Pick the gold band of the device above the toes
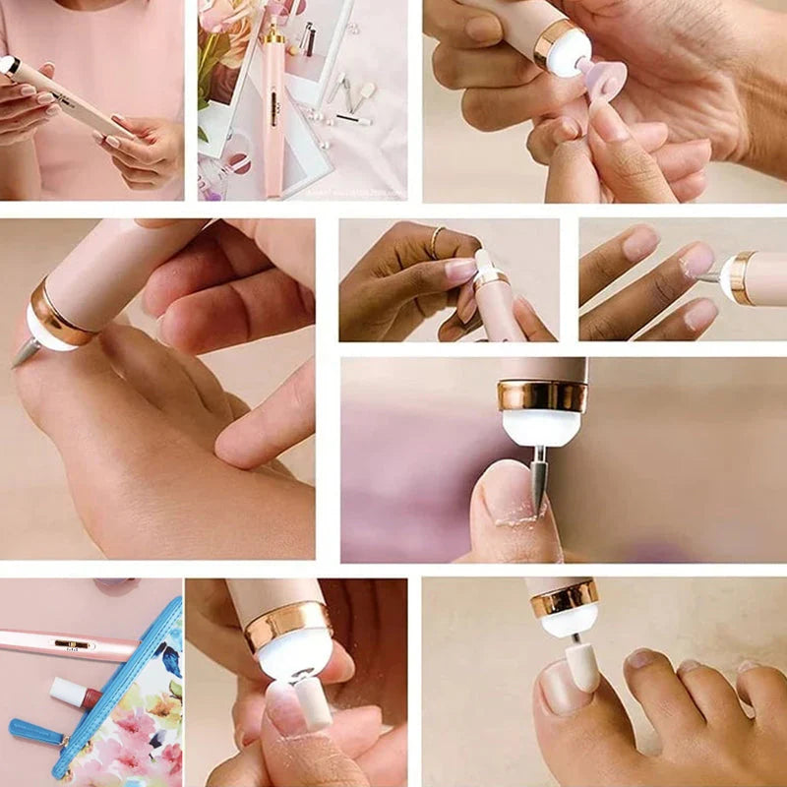[565, 596]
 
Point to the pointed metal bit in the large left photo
[26, 352]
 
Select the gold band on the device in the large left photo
[59, 310]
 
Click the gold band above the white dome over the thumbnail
[542, 395]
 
